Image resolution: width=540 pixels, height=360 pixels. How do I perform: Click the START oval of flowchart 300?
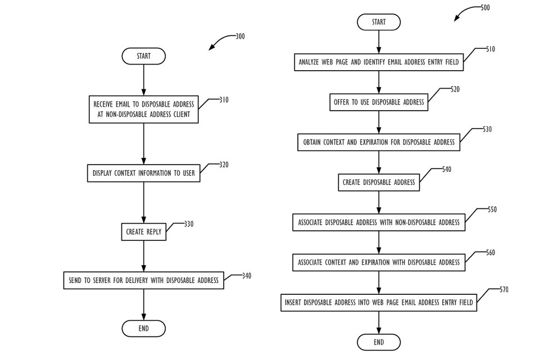coord(144,56)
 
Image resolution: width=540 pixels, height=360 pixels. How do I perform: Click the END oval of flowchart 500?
coord(379,342)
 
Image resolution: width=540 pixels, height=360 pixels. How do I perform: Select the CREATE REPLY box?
coord(144,231)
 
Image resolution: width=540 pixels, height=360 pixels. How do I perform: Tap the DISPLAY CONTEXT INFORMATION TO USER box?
coord(144,174)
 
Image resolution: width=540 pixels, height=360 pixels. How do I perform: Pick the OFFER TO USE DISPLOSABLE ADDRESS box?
coord(379,103)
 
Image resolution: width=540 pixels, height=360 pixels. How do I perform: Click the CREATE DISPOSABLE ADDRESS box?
coord(379,182)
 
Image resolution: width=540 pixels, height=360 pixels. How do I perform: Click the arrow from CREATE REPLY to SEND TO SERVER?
coord(144,256)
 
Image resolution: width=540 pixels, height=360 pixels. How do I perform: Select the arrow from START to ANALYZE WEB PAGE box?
coord(379,42)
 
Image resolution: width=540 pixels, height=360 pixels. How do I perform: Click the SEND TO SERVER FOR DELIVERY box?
coord(144,280)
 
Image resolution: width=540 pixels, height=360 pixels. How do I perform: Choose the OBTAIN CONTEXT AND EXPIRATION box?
coord(379,143)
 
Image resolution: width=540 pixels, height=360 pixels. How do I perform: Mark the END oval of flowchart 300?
coord(144,329)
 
